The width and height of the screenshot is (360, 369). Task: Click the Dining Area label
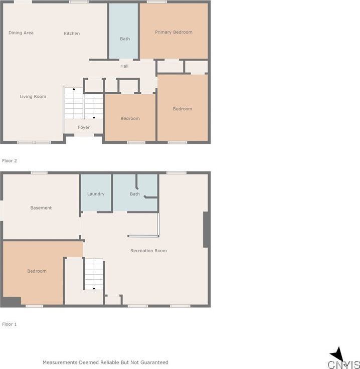21,33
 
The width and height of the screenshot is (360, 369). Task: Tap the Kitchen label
72,34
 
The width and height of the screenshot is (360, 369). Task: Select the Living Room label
33,97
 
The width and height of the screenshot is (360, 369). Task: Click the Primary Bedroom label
173,32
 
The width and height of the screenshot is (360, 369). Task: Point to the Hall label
124,66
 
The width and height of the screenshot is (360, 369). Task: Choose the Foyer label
84,128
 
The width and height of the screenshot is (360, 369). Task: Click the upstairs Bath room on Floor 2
124,39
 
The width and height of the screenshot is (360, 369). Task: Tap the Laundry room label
96,194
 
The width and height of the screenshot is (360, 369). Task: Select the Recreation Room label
148,251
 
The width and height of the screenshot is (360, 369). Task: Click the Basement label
41,208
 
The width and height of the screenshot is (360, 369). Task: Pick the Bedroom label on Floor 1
37,271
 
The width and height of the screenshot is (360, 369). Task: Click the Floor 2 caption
10,161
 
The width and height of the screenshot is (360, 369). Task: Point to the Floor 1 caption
10,324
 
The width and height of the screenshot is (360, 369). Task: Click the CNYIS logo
344,359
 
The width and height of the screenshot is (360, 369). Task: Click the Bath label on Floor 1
135,194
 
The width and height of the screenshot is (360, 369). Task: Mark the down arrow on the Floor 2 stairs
94,117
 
